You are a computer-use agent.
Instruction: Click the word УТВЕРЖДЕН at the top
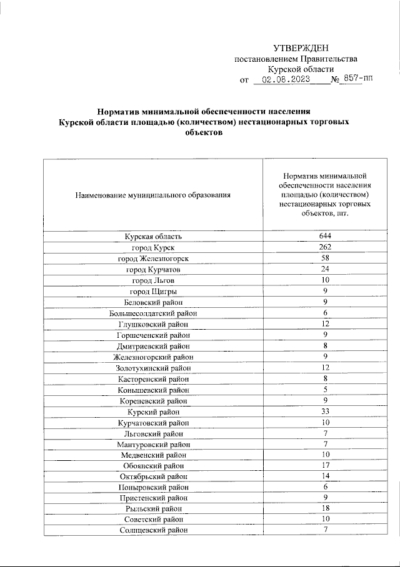tap(300, 49)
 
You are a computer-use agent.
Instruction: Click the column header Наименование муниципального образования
tap(153, 195)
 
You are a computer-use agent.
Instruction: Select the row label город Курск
tap(153, 247)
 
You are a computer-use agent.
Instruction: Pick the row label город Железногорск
tap(153, 259)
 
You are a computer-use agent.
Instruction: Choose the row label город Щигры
tap(153, 292)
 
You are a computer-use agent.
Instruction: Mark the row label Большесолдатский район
tap(153, 313)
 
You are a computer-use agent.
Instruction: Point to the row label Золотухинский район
tap(153, 368)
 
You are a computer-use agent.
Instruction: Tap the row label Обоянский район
tap(153, 466)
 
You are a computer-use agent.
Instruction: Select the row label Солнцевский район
tap(153, 531)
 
